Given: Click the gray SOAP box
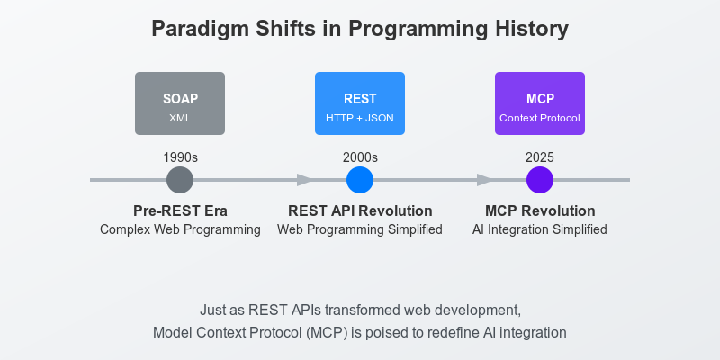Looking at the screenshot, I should tap(180, 103).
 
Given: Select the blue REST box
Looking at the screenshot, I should tap(360, 103).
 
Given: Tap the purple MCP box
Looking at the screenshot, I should tap(540, 103).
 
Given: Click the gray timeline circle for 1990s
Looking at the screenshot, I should tap(180, 180).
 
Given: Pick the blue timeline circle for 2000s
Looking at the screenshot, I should tap(360, 180).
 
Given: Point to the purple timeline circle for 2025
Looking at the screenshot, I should tap(540, 180).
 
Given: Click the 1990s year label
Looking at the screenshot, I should tap(180, 157).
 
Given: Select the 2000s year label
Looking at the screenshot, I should tap(360, 157).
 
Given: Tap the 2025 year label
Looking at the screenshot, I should tap(540, 157).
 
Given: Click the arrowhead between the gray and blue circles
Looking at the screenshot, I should tap(305, 180).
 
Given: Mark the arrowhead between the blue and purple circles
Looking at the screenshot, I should tap(485, 180).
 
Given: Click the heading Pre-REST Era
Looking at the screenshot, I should tap(180, 211).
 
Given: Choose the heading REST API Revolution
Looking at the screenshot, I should tap(360, 211).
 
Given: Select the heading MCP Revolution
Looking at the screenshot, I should tap(540, 211).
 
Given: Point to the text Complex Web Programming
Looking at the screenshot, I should tap(180, 229).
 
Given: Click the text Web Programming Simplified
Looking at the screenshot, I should tap(360, 229).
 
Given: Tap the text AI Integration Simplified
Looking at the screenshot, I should tap(540, 229).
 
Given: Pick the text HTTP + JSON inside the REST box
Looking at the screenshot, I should tap(360, 118).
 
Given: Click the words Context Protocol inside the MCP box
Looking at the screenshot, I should tap(540, 118).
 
